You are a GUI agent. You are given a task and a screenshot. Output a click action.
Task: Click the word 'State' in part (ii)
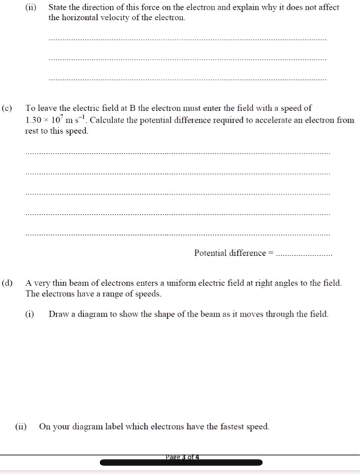[59, 8]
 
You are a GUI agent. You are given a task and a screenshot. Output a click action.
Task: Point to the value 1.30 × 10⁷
[44, 120]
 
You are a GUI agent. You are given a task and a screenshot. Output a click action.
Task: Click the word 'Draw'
[58, 314]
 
